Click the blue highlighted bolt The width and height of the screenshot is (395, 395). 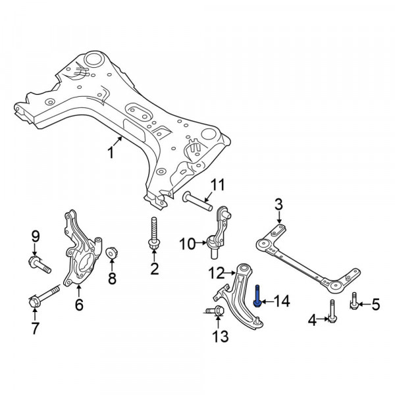tap(257, 296)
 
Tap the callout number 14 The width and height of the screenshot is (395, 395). tap(282, 302)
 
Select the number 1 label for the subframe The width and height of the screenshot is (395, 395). tap(111, 153)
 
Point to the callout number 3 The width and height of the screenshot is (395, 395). tap(278, 204)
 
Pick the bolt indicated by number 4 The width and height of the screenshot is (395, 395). tap(332, 311)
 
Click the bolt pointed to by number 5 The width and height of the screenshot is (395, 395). tap(354, 301)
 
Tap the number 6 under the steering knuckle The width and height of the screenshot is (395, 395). tap(79, 305)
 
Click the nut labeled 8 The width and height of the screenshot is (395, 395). tap(111, 253)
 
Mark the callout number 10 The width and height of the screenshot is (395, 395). tap(188, 244)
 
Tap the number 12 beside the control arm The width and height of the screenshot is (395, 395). tap(217, 273)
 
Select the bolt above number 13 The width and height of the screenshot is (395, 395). tap(215, 310)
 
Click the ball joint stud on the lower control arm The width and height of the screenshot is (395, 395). tap(257, 320)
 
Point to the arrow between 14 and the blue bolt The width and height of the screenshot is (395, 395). tap(267, 302)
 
